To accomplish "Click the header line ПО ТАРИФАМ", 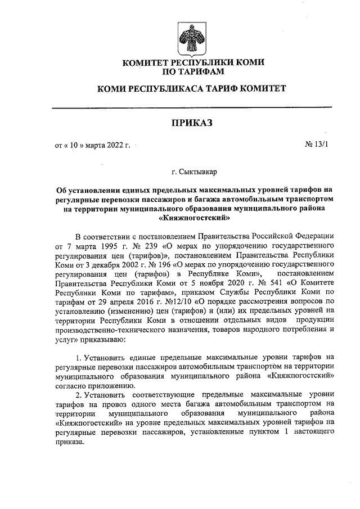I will click(193, 71).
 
